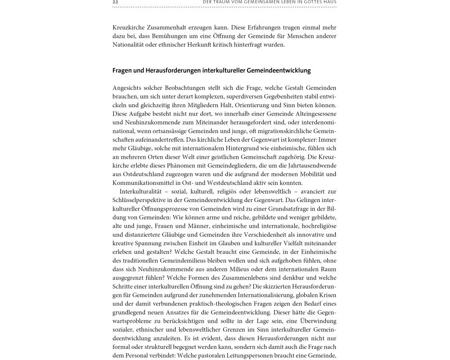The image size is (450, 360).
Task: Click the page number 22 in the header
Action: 115,2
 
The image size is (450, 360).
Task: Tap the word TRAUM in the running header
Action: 224,2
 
